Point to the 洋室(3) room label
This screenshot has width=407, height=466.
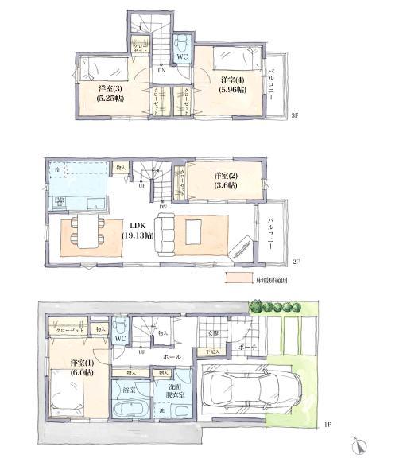tap(105, 93)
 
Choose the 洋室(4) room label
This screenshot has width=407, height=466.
tap(231, 84)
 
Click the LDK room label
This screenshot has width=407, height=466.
tap(136, 231)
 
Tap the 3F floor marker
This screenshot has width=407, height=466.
tap(293, 117)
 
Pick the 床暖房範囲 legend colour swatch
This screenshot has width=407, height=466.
tap(238, 279)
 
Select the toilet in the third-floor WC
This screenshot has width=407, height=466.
tap(181, 41)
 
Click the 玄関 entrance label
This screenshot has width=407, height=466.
tap(215, 334)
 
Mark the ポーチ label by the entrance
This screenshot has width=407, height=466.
tap(247, 348)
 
